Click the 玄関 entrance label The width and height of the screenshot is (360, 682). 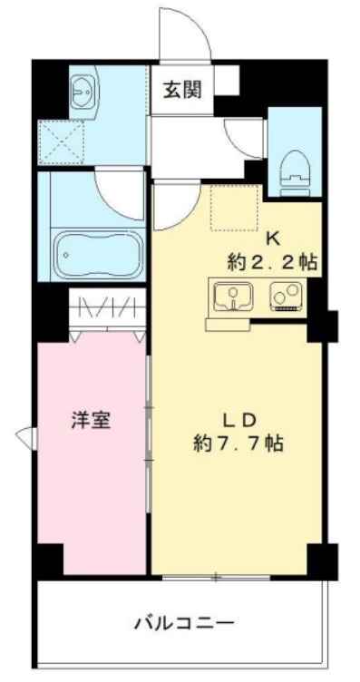182,90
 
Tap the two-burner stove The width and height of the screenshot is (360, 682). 288,297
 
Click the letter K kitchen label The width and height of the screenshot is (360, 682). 271,239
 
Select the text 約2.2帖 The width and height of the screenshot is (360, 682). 271,263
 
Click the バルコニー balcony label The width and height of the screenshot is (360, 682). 185,623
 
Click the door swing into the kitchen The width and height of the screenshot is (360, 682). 174,204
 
